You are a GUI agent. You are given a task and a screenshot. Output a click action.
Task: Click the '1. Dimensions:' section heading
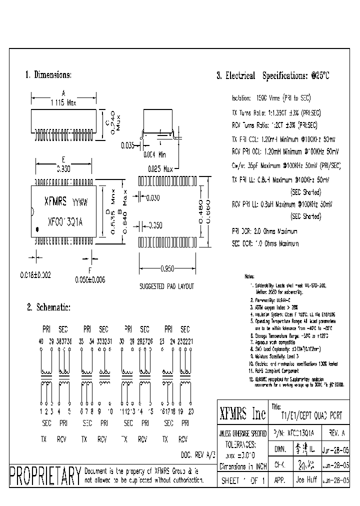(48, 75)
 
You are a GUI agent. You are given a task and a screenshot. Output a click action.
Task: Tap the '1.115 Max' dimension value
(63, 102)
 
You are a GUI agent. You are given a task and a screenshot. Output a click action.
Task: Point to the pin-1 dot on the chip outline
(36, 228)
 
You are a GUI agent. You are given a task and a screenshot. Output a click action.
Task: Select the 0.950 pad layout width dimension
(167, 269)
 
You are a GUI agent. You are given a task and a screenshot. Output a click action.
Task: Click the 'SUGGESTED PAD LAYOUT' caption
(166, 286)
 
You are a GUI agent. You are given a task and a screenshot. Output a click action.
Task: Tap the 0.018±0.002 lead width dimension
(35, 275)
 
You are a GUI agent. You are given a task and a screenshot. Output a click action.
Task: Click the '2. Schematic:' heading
(48, 307)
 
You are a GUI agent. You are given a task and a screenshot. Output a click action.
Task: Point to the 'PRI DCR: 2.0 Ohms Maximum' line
(264, 231)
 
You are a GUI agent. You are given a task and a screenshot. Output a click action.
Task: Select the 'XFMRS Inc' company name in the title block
(243, 414)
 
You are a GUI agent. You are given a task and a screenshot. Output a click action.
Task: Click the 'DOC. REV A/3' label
(198, 454)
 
